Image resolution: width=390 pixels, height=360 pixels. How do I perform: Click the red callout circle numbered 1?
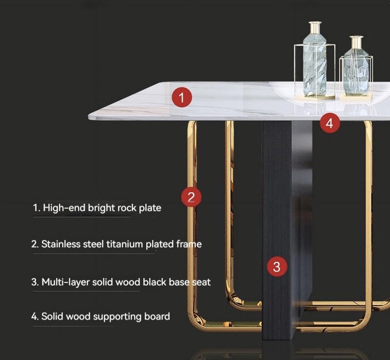coord(182,97)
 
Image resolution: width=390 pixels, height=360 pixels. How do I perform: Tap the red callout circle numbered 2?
coord(191,197)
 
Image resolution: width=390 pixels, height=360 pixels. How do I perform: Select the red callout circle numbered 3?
coord(277,267)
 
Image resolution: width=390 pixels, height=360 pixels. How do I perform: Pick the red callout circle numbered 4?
coord(330,123)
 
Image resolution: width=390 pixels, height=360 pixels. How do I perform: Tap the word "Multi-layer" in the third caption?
coord(65,282)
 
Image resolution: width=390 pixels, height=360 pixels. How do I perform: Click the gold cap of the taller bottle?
coord(315,26)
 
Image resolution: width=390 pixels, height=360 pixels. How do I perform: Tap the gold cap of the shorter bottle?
coord(356,40)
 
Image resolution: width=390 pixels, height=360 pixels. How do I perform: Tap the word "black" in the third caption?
coord(155,282)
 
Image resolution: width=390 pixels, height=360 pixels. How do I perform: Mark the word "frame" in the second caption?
coord(189,244)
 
